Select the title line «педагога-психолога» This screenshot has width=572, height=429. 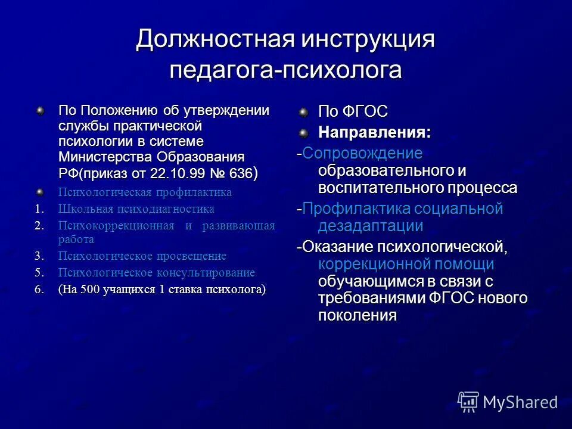coord(285,70)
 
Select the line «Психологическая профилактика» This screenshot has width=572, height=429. coord(145,192)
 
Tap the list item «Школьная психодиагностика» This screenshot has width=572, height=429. coord(136,209)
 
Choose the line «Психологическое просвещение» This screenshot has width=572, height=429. coord(142,256)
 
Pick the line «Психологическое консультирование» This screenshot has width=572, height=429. coord(156,273)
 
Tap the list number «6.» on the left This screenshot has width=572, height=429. coord(39,290)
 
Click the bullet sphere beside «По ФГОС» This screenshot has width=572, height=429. coord(304,111)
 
